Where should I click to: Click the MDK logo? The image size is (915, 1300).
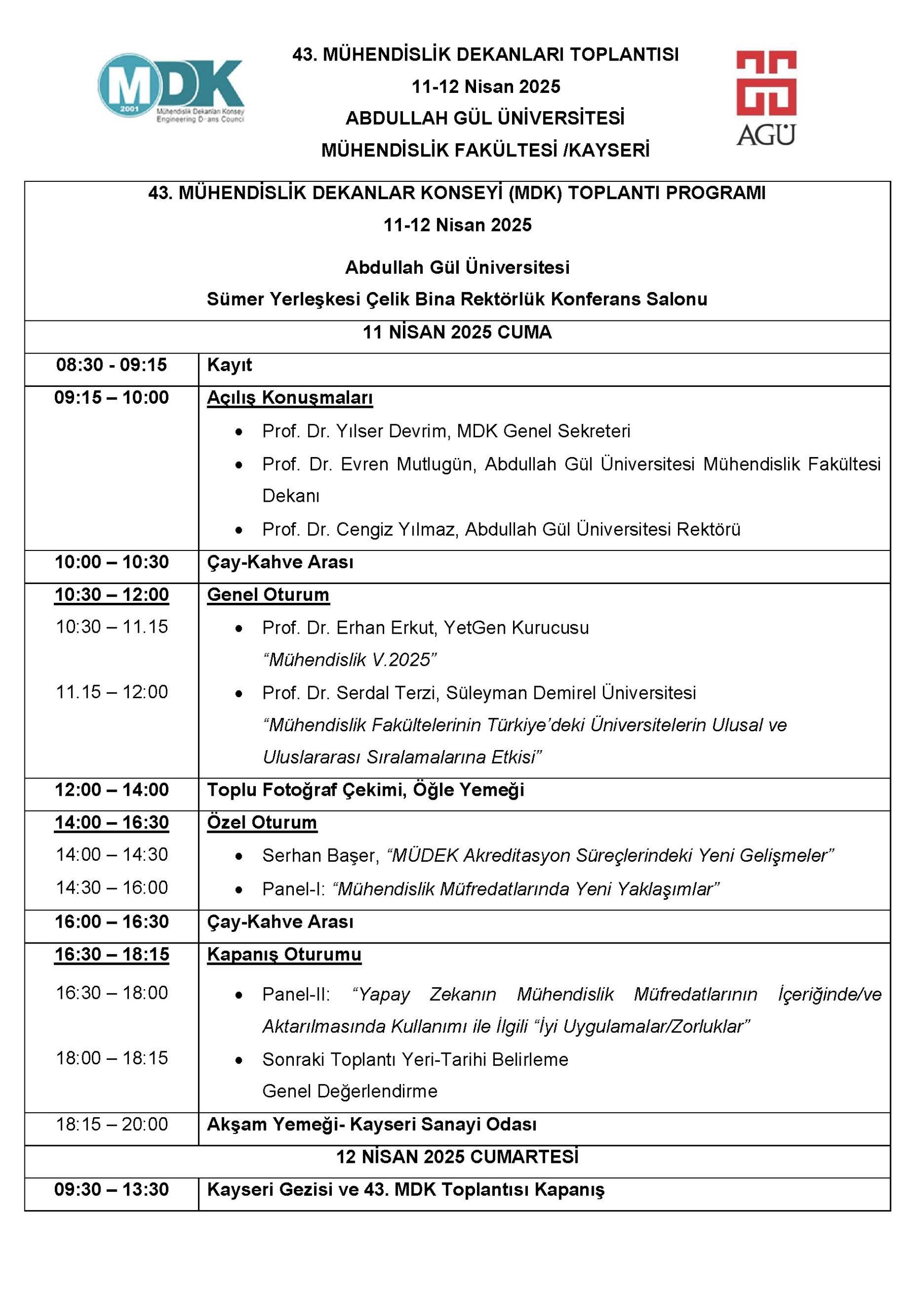[x=171, y=88]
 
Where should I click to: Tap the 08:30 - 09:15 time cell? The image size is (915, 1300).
[x=112, y=365]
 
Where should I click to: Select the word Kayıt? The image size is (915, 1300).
[x=229, y=365]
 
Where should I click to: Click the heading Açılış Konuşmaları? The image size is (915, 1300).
[x=290, y=398]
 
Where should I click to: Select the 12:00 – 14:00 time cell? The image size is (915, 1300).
[x=112, y=790]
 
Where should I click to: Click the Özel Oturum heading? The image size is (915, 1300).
[x=261, y=823]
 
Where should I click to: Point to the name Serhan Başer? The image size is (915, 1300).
[x=320, y=856]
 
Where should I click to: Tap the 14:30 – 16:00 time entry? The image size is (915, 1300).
[x=112, y=888]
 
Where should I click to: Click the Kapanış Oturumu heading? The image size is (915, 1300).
[x=284, y=955]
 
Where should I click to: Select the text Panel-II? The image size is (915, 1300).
[x=296, y=995]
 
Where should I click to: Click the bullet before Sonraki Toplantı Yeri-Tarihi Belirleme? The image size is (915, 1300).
[x=240, y=1060]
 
